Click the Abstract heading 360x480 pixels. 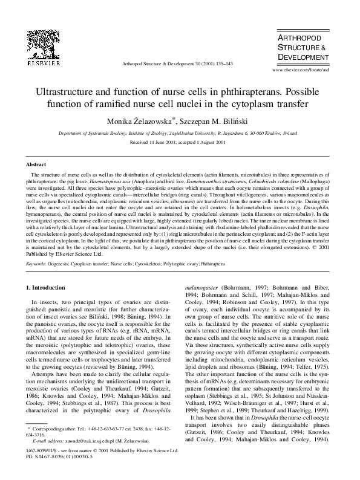(36, 164)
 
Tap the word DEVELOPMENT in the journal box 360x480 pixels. (306, 56)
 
